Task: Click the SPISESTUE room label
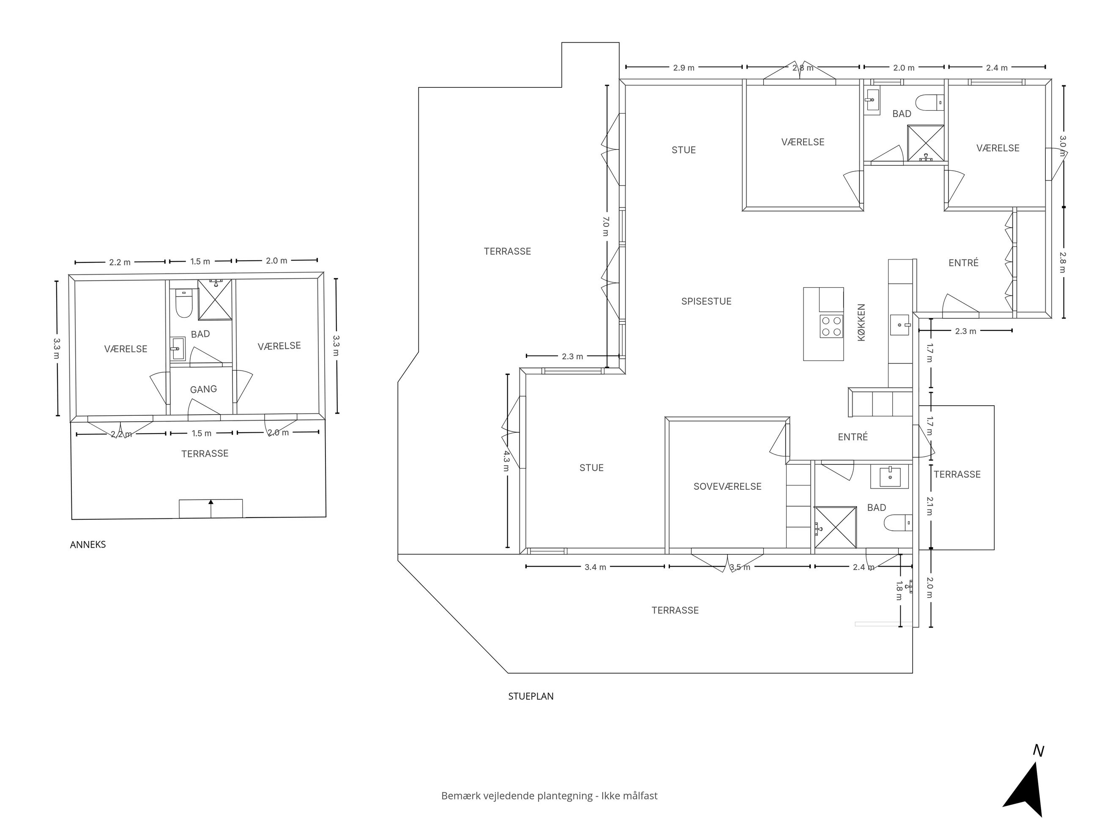coord(706,301)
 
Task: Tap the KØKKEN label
coord(861,322)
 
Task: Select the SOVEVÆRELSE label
coord(727,487)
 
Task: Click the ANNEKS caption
coord(88,544)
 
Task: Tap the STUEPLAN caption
coord(530,696)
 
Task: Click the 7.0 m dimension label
coord(605,226)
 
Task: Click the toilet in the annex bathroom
coord(184,303)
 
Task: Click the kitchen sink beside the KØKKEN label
coord(899,325)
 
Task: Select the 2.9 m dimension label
coord(683,68)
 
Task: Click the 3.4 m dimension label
coord(595,567)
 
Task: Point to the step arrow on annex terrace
coord(211,509)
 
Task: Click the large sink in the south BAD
coord(889,477)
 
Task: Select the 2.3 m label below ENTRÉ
coord(965,331)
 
